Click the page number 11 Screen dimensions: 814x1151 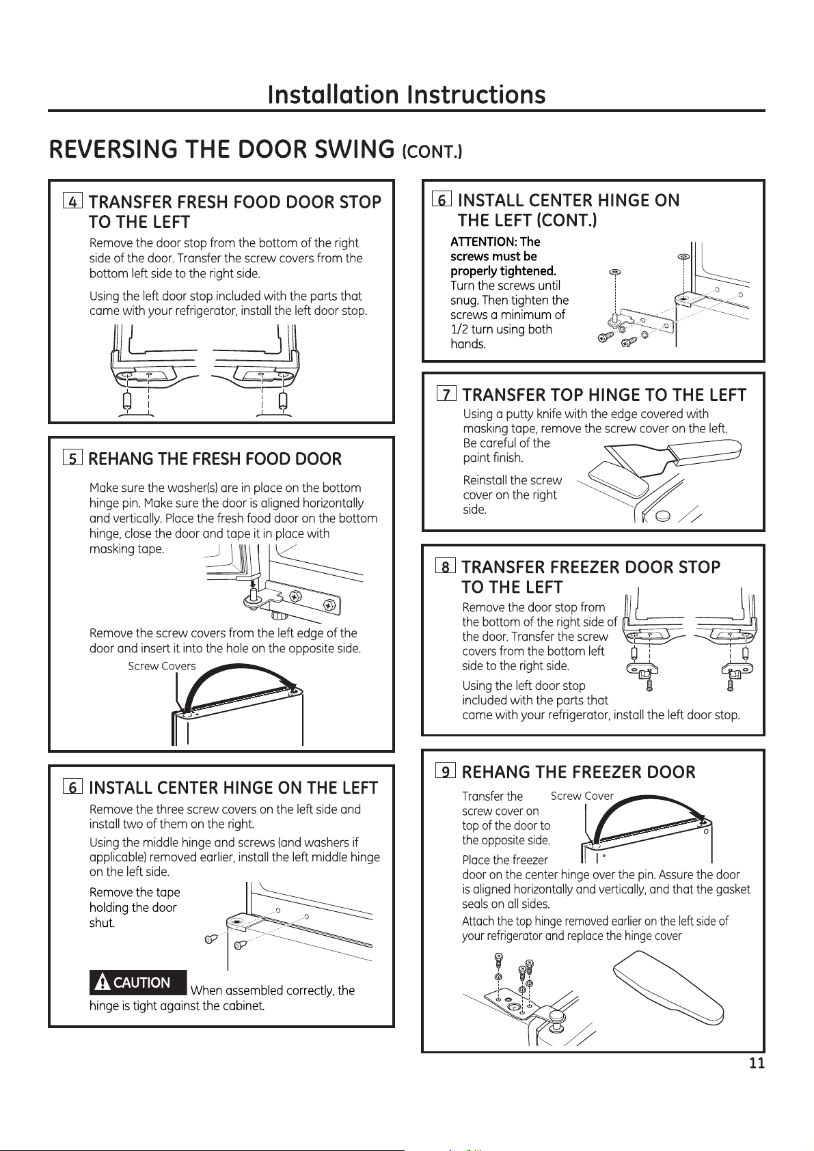tap(757, 1063)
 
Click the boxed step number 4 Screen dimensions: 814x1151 tap(72, 202)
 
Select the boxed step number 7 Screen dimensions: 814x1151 tap(446, 394)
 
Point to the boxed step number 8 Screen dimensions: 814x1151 tap(446, 566)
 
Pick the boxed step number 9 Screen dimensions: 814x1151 tap(446, 771)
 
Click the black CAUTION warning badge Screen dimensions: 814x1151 tap(137, 982)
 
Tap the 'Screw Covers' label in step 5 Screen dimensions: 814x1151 tap(161, 666)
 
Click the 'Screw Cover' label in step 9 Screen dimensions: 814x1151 tap(582, 796)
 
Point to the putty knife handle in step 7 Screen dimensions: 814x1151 tap(704, 452)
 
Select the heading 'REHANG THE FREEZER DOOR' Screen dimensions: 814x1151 tap(578, 772)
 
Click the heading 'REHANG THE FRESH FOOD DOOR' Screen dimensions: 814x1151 tap(215, 459)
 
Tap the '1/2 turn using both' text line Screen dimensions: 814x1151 tap(501, 329)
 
